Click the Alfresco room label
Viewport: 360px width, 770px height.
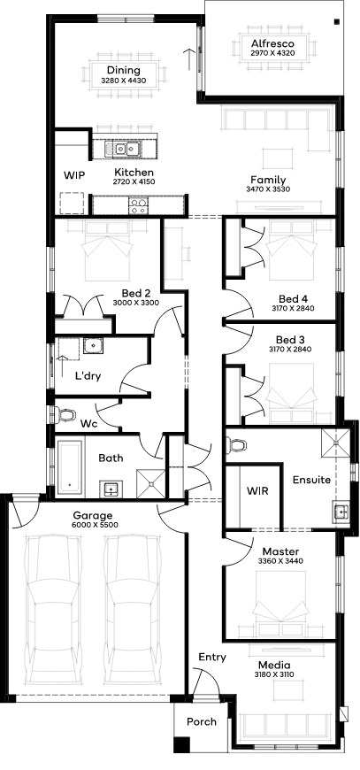coord(272,43)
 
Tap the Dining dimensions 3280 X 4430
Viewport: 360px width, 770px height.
coord(123,80)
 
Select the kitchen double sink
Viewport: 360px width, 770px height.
coord(122,149)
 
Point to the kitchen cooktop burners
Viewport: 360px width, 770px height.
coord(137,205)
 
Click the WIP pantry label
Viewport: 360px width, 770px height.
coord(74,175)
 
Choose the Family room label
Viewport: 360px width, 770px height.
coord(268,180)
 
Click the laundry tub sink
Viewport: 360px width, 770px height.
coord(92,346)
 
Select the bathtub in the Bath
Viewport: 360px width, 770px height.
coord(70,467)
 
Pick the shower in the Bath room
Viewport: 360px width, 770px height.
coord(151,484)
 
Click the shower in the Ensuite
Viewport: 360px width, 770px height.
coord(336,442)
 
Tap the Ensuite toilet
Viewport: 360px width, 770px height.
coord(236,445)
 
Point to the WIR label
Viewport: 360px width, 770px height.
coord(257,490)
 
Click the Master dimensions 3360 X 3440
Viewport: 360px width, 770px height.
coord(280,560)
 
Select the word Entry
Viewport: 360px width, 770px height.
coord(212,657)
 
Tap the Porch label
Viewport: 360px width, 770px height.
coord(202,721)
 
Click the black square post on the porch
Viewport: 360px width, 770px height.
coord(181,745)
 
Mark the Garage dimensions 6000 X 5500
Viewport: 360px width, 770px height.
coord(93,525)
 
